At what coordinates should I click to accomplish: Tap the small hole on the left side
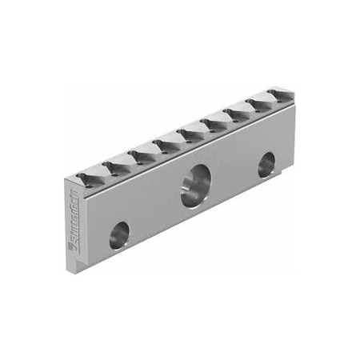click(x=119, y=232)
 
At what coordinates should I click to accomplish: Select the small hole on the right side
click(x=266, y=166)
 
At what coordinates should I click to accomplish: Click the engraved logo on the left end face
click(x=75, y=233)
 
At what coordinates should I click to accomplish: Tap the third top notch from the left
click(x=142, y=150)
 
